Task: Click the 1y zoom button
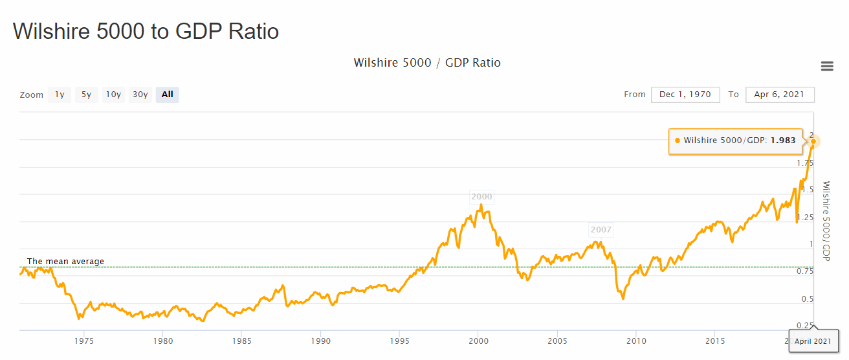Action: click(x=60, y=95)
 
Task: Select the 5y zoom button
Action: click(x=86, y=95)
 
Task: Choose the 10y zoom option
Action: click(x=113, y=95)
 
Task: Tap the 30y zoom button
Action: click(x=140, y=95)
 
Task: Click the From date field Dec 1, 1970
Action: click(x=685, y=95)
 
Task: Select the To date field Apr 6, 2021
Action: click(x=779, y=95)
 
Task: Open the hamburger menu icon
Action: click(x=826, y=66)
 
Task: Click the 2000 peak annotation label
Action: click(x=481, y=197)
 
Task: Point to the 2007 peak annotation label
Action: click(x=601, y=230)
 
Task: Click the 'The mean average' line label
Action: click(x=65, y=262)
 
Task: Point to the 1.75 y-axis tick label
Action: click(x=805, y=163)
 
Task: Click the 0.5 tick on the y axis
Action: click(x=808, y=299)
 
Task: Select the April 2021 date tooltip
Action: click(x=813, y=341)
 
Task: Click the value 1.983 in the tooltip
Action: click(x=783, y=141)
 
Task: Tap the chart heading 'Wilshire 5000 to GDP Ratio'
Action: click(x=146, y=31)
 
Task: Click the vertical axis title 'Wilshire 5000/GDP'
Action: click(x=826, y=221)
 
